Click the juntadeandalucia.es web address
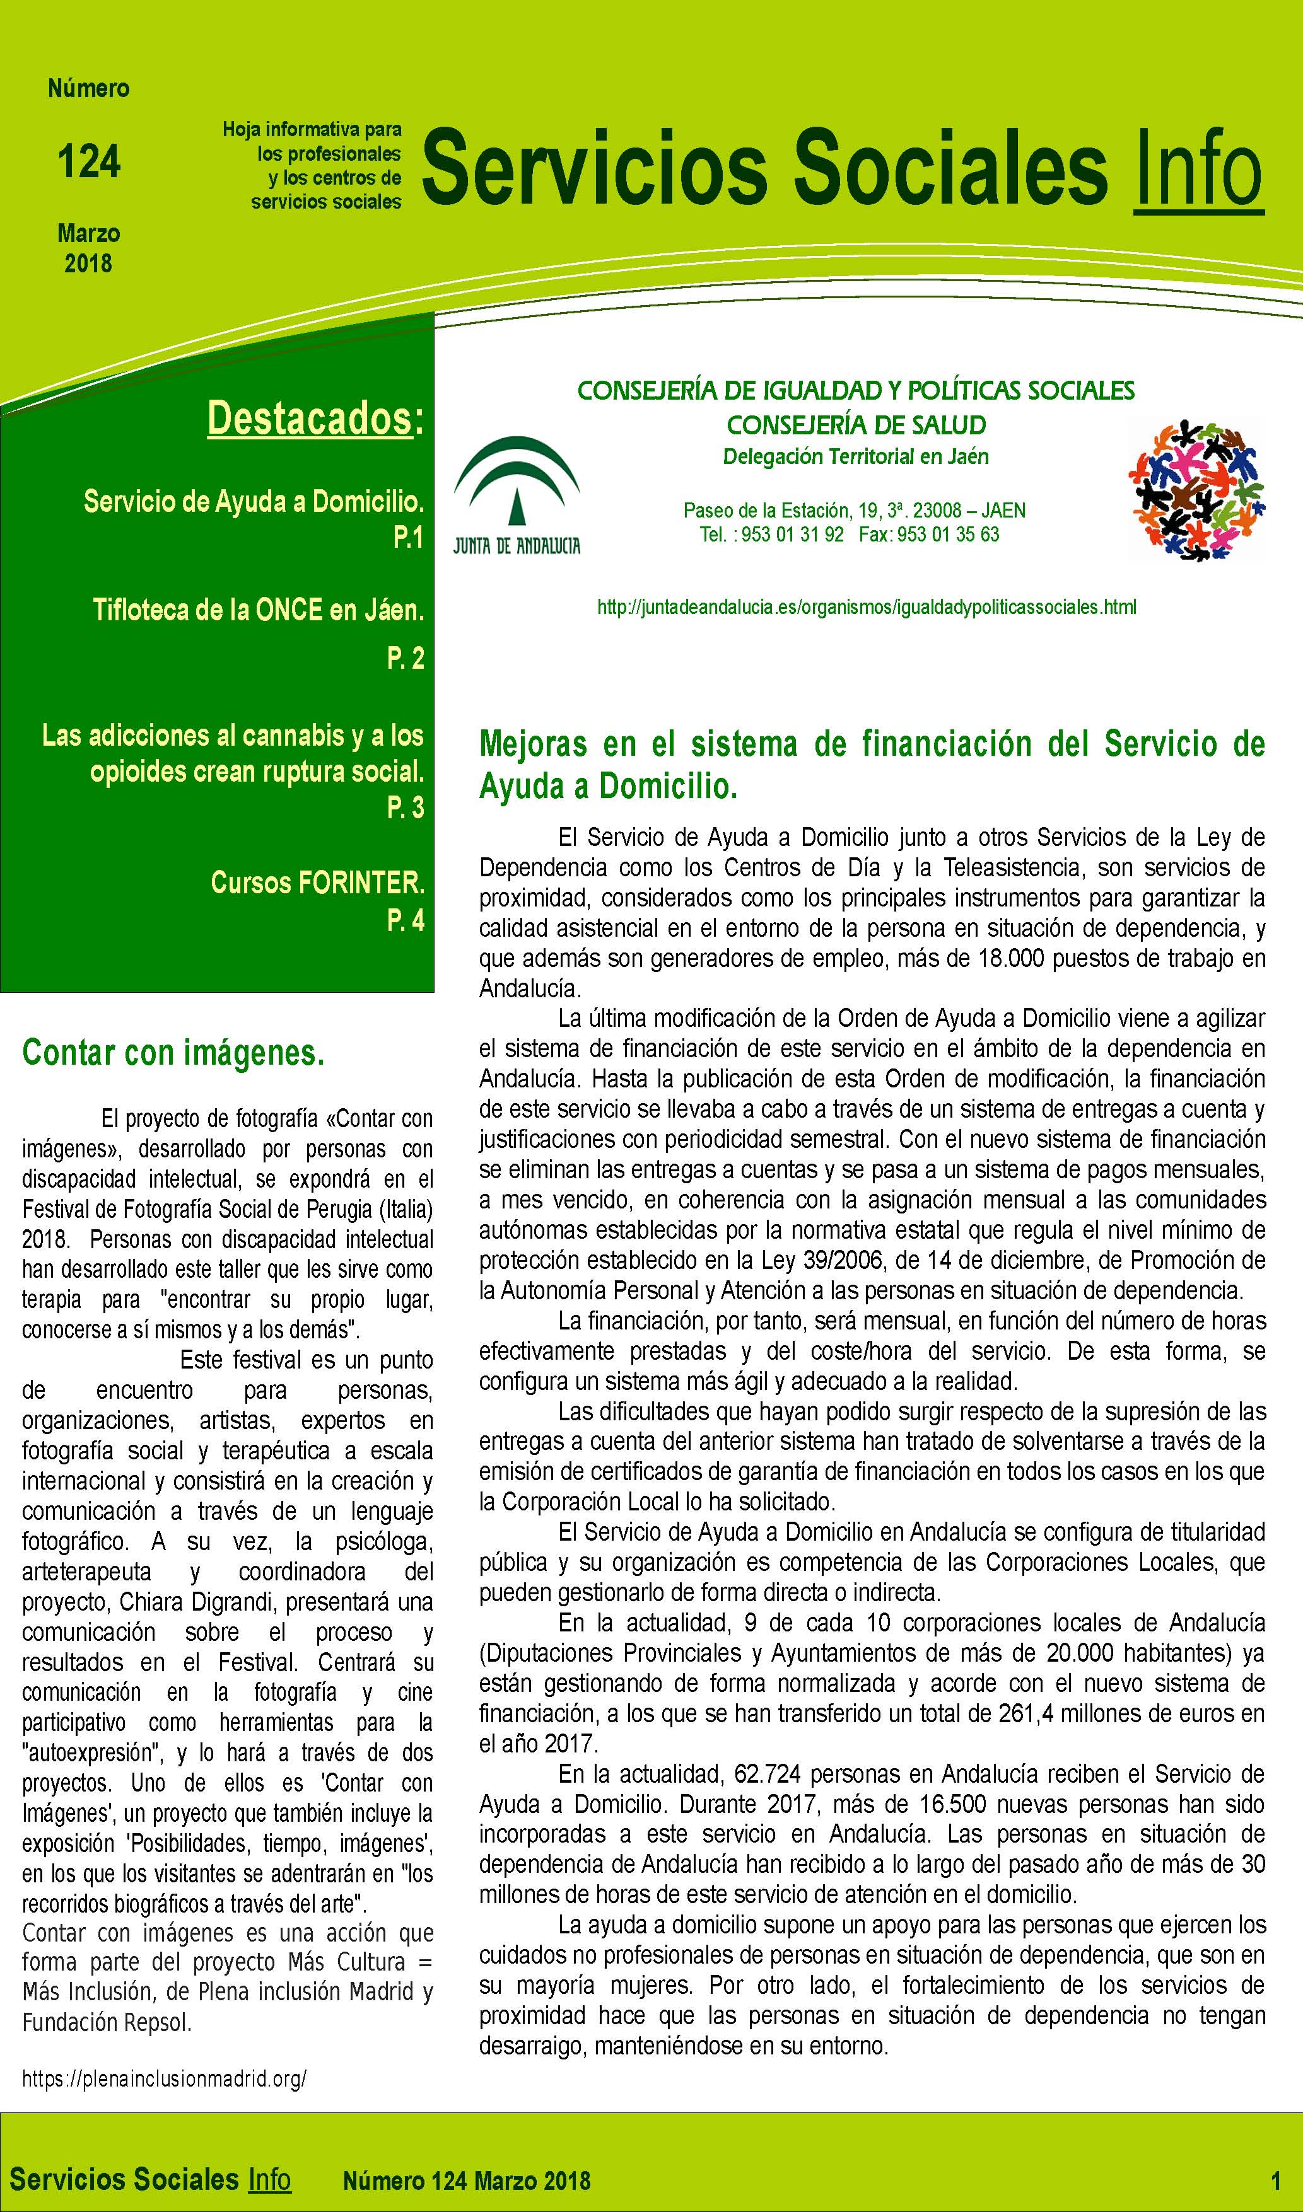866,606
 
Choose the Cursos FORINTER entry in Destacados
317,881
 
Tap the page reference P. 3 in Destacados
405,807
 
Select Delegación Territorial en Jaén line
855,456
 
